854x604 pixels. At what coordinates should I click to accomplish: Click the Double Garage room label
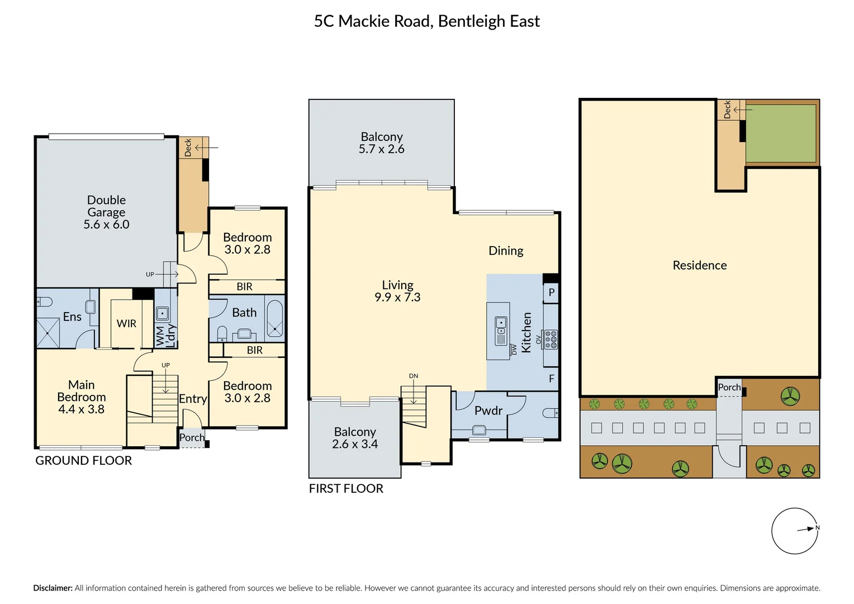[106, 212]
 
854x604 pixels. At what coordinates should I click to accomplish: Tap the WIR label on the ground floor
[126, 324]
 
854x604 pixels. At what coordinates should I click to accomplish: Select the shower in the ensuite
[48, 333]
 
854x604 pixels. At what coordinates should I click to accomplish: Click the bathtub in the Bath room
[274, 319]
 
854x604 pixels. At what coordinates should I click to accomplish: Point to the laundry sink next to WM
[163, 313]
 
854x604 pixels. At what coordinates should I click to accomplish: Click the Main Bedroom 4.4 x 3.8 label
[81, 397]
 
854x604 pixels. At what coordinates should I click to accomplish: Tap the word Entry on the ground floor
[193, 399]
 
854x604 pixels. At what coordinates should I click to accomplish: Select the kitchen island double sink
[501, 331]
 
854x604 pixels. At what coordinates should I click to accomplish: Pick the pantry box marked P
[551, 293]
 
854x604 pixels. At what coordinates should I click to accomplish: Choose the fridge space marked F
[551, 379]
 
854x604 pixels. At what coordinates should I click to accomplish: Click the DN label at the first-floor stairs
[414, 376]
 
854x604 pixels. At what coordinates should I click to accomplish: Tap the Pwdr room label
[488, 410]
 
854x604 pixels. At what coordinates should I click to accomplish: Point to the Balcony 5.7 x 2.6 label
[382, 143]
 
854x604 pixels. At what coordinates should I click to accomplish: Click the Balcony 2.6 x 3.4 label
[355, 438]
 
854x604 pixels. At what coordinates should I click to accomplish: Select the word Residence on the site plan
[700, 265]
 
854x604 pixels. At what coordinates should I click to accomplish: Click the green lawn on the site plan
[780, 134]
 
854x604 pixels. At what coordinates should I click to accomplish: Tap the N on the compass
[818, 528]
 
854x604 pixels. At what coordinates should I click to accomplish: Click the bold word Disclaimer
[53, 588]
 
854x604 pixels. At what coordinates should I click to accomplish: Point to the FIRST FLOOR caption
[346, 488]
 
